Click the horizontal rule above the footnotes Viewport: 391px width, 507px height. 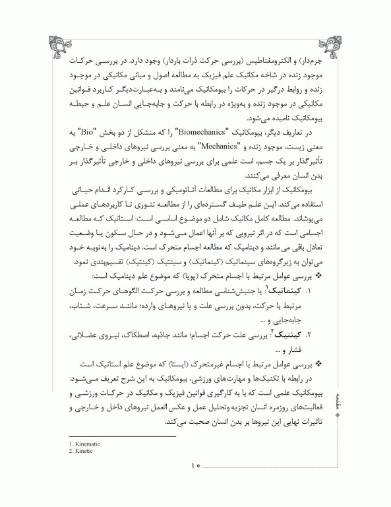(x=113, y=436)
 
